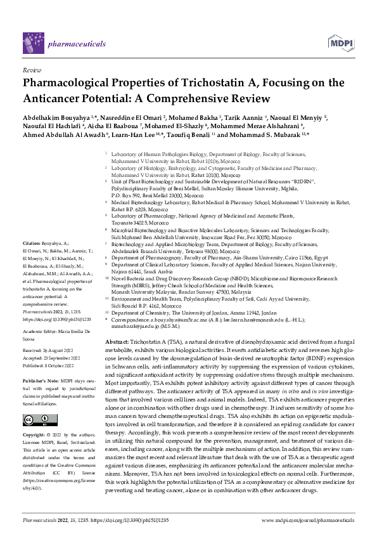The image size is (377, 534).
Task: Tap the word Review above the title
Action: coord(31,70)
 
